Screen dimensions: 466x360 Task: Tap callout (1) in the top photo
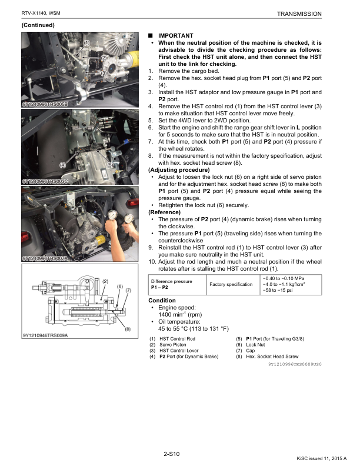(x=86, y=43)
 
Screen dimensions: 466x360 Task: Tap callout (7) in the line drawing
(x=128, y=290)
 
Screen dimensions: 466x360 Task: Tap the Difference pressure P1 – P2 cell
(x=171, y=285)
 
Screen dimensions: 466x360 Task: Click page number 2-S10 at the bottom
(x=171, y=453)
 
